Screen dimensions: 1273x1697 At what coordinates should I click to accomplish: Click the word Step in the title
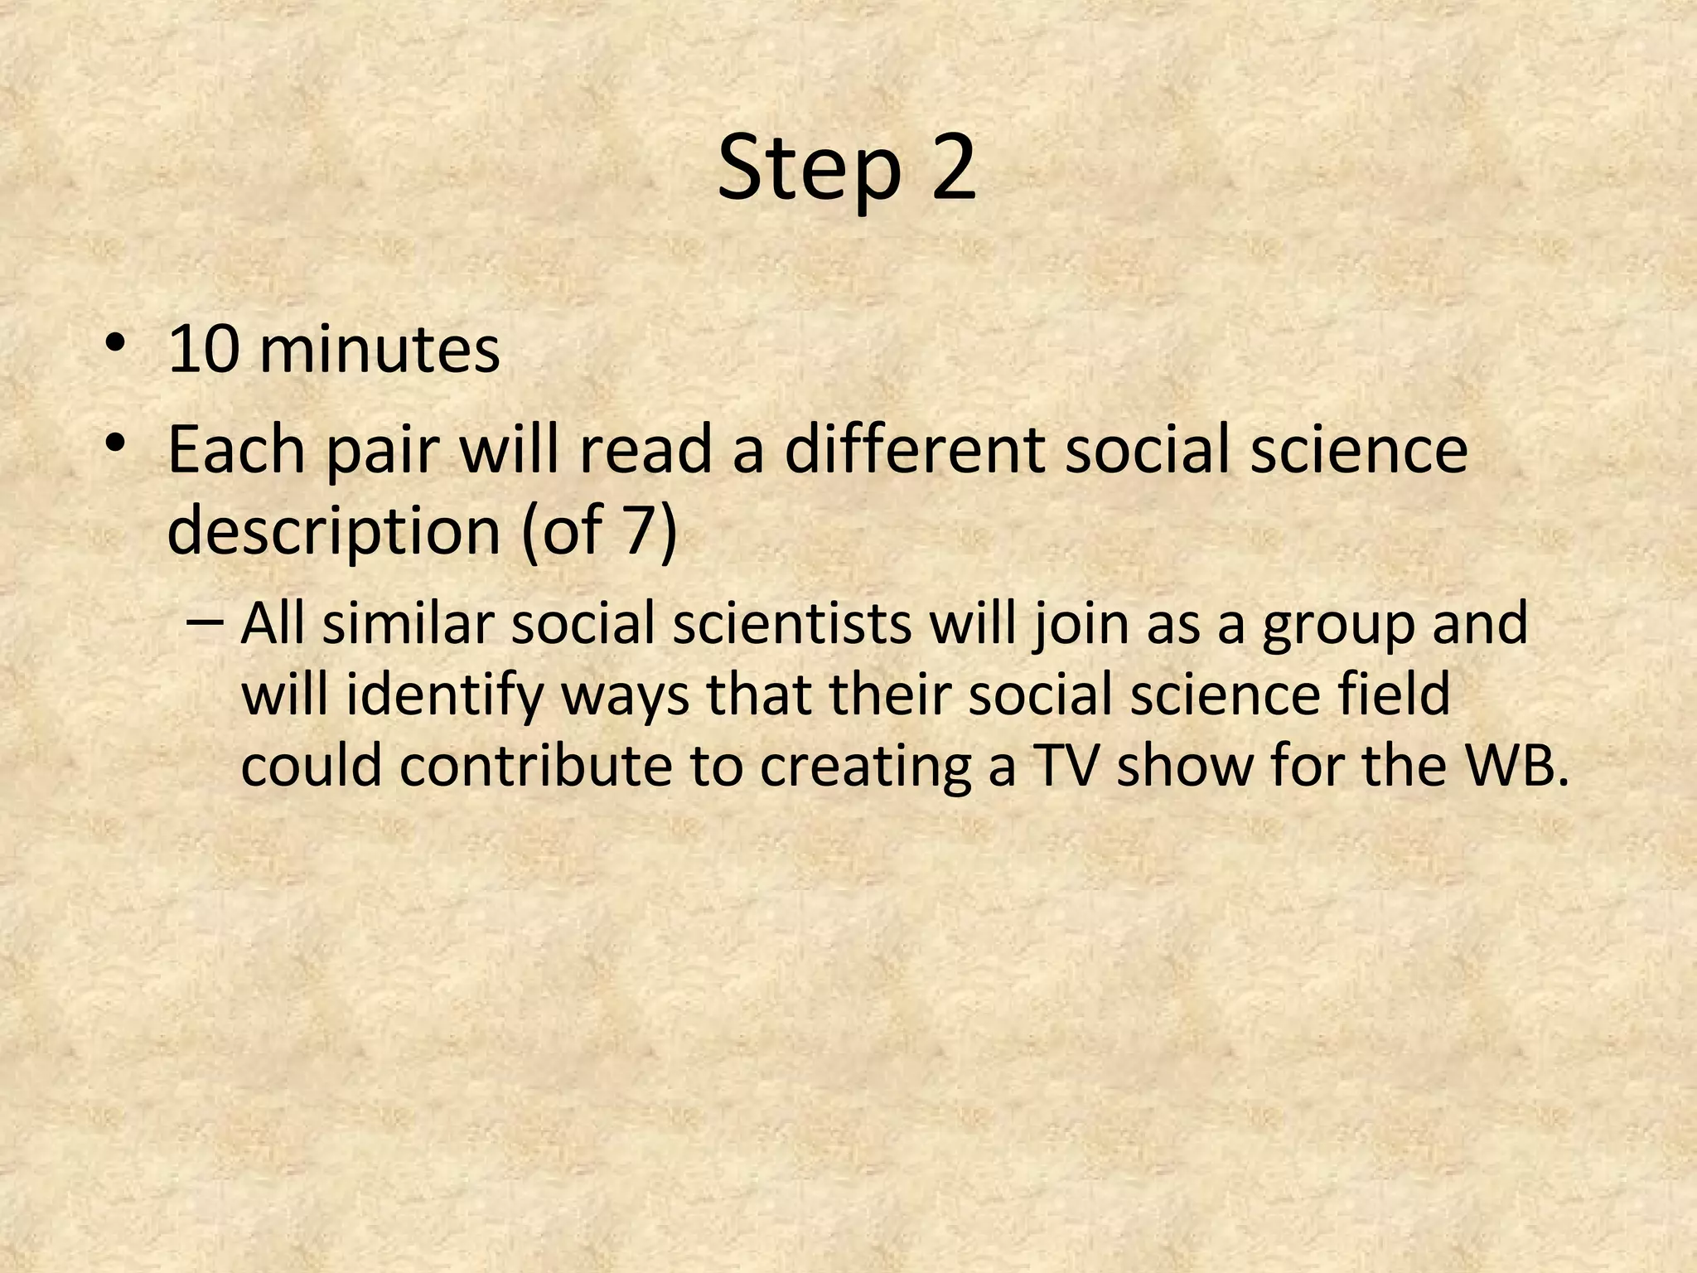pos(809,170)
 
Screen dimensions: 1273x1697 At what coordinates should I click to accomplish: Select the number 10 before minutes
pos(202,350)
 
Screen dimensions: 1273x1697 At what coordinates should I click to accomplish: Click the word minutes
pos(380,350)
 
